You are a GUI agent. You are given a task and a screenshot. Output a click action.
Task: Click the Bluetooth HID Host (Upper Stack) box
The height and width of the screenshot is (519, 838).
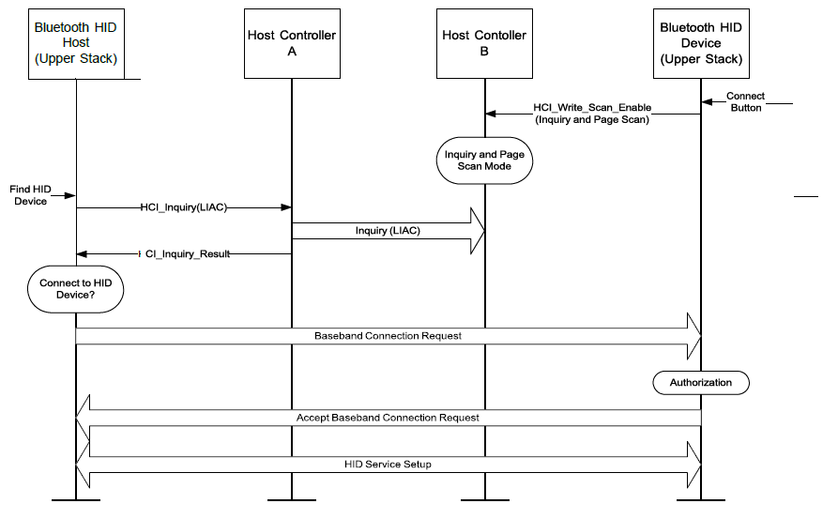(x=75, y=43)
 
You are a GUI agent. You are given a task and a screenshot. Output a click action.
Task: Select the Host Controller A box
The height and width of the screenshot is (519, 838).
(x=291, y=43)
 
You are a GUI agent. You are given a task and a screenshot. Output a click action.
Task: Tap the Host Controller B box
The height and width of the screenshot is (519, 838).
(x=484, y=43)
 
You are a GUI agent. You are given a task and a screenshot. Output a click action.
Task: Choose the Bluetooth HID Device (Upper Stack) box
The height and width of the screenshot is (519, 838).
(x=701, y=43)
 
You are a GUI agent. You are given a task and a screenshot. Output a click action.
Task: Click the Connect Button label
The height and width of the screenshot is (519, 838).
(x=745, y=101)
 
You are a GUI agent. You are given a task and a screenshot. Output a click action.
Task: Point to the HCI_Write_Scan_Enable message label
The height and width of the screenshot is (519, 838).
(x=592, y=114)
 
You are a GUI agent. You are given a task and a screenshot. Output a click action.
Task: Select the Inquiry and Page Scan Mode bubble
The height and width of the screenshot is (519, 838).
(x=484, y=160)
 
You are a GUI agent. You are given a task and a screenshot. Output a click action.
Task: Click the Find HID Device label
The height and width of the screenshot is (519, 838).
(x=30, y=195)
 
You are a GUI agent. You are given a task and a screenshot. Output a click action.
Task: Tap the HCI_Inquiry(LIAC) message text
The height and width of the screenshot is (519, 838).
(x=184, y=208)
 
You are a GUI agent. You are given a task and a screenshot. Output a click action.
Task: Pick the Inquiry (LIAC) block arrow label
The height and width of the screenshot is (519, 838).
(x=387, y=231)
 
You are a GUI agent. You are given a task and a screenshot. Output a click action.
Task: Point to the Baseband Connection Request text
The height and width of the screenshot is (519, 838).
(x=388, y=335)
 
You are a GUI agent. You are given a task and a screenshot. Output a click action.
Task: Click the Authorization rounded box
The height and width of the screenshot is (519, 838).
(x=701, y=383)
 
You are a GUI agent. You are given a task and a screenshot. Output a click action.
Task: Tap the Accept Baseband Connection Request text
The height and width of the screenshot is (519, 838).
(x=388, y=417)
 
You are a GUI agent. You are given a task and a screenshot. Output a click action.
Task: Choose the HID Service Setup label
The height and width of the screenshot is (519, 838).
(x=388, y=464)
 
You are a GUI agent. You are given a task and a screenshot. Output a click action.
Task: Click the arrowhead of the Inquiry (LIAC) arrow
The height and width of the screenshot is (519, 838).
(x=477, y=231)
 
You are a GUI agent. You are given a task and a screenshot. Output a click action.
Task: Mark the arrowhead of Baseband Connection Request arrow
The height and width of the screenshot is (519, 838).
(x=694, y=336)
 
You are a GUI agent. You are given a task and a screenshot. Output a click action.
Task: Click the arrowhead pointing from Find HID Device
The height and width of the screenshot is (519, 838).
(x=70, y=195)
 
